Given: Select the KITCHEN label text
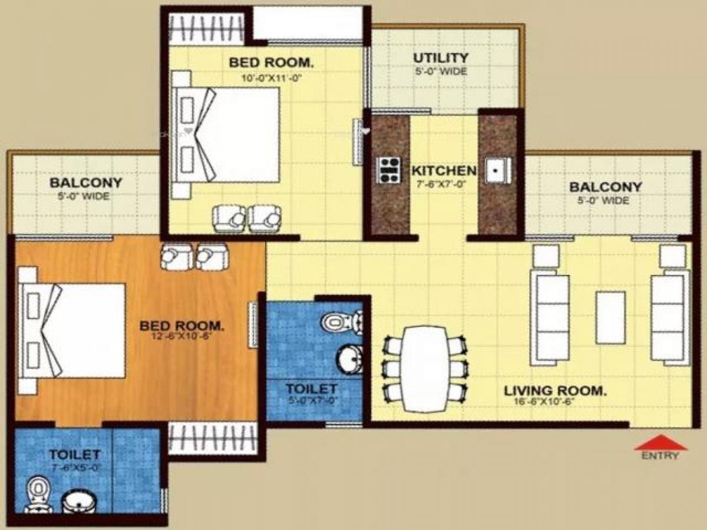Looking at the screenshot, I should (443, 171).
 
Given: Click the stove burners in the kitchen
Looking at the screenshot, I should (389, 170).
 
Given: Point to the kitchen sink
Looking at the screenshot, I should (497, 171).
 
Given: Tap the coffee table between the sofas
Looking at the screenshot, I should (610, 317).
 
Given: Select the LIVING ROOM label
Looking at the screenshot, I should (555, 390).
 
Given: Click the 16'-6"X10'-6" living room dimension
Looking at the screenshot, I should (543, 403).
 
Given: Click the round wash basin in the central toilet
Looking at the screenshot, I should (350, 359).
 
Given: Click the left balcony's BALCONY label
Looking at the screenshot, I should (85, 183).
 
